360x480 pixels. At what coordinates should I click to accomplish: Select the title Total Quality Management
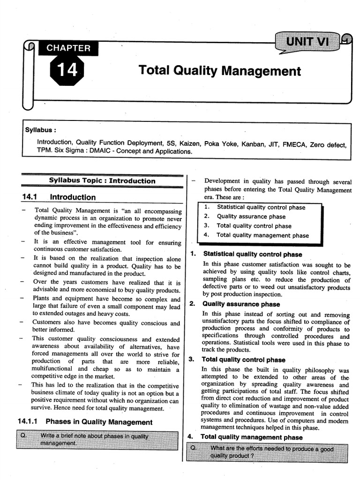click(x=219, y=71)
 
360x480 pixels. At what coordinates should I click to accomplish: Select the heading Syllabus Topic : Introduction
click(x=102, y=180)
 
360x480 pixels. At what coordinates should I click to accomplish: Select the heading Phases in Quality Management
click(x=99, y=422)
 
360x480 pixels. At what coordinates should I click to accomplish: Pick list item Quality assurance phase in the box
click(x=251, y=217)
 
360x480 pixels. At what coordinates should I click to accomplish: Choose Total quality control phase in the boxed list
click(x=254, y=226)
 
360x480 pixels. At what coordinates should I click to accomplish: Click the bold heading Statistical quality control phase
click(x=252, y=255)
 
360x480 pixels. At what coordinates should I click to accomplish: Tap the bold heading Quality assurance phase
click(x=241, y=304)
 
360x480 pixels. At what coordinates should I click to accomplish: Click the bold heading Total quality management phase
click(x=252, y=437)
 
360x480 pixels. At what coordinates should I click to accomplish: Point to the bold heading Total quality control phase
click(x=243, y=360)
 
